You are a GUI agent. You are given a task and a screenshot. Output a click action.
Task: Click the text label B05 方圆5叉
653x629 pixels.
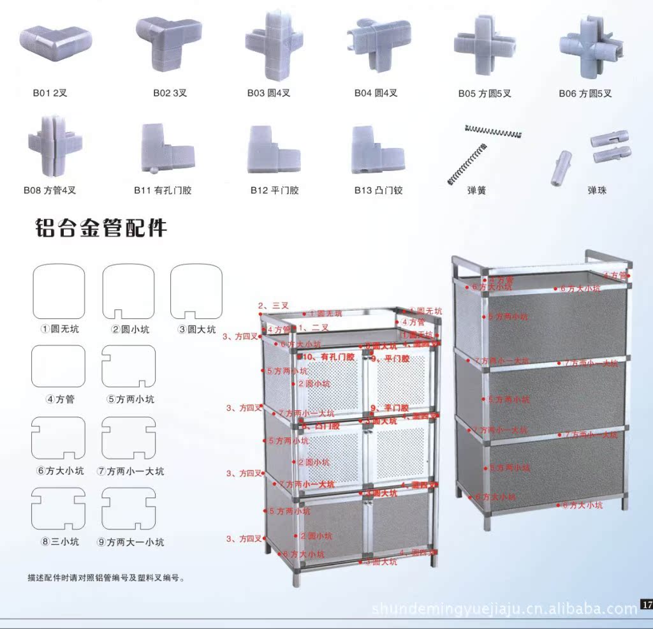pyautogui.click(x=485, y=94)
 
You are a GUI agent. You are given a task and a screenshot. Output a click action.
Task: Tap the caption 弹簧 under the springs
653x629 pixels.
pyautogui.click(x=476, y=191)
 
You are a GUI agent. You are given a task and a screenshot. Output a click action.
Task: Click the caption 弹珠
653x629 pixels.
pyautogui.click(x=597, y=191)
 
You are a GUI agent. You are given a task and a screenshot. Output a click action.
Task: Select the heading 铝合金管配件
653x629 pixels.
pyautogui.click(x=101, y=228)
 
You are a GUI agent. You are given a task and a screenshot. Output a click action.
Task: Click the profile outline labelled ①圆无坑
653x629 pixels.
pyautogui.click(x=59, y=292)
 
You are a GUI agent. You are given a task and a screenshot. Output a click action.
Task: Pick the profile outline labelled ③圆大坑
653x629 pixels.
pyautogui.click(x=196, y=292)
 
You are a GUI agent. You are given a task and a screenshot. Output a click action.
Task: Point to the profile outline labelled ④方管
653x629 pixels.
pyautogui.click(x=58, y=366)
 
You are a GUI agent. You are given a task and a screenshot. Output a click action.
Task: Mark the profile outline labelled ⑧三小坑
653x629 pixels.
pyautogui.click(x=58, y=509)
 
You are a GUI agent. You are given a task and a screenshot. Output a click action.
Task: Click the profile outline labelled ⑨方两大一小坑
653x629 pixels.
pyautogui.click(x=128, y=509)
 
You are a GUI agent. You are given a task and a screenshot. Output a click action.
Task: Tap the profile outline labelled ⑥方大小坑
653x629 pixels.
pyautogui.click(x=58, y=438)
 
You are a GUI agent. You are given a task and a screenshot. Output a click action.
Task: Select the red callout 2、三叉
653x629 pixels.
pyautogui.click(x=274, y=306)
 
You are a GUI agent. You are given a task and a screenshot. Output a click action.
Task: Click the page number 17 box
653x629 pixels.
pyautogui.click(x=647, y=604)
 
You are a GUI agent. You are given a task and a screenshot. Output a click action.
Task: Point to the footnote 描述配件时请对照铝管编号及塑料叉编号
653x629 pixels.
pyautogui.click(x=106, y=579)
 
